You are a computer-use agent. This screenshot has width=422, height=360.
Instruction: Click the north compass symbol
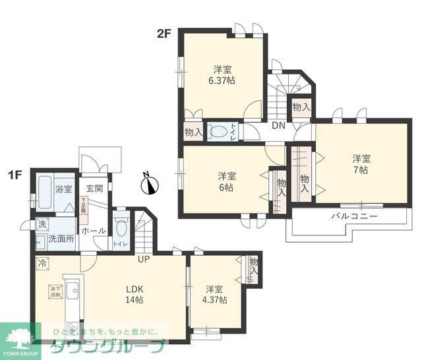point(150,184)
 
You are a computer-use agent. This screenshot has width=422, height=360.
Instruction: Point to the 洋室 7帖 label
point(361,164)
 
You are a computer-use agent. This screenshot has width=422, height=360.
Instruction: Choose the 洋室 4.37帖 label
point(216,294)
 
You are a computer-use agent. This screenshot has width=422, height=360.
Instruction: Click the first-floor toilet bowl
point(120,227)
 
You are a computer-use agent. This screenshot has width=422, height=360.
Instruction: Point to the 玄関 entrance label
point(94,189)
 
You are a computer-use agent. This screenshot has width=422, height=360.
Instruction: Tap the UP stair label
point(143,259)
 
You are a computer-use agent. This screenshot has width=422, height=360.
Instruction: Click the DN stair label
point(278,125)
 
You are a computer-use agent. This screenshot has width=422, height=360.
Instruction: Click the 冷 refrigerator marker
point(42,262)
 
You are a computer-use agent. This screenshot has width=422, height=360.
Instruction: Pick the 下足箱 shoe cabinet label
point(84,204)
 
